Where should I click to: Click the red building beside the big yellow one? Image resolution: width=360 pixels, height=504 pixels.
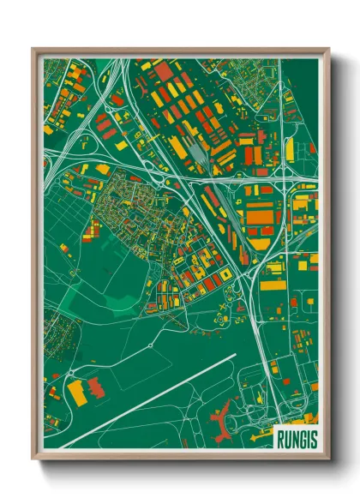pyautogui.click(x=97, y=388)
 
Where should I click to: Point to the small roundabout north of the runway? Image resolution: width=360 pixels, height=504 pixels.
pyautogui.click(x=150, y=345)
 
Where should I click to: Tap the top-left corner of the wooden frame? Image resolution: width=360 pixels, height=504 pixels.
pyautogui.click(x=33, y=49)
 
